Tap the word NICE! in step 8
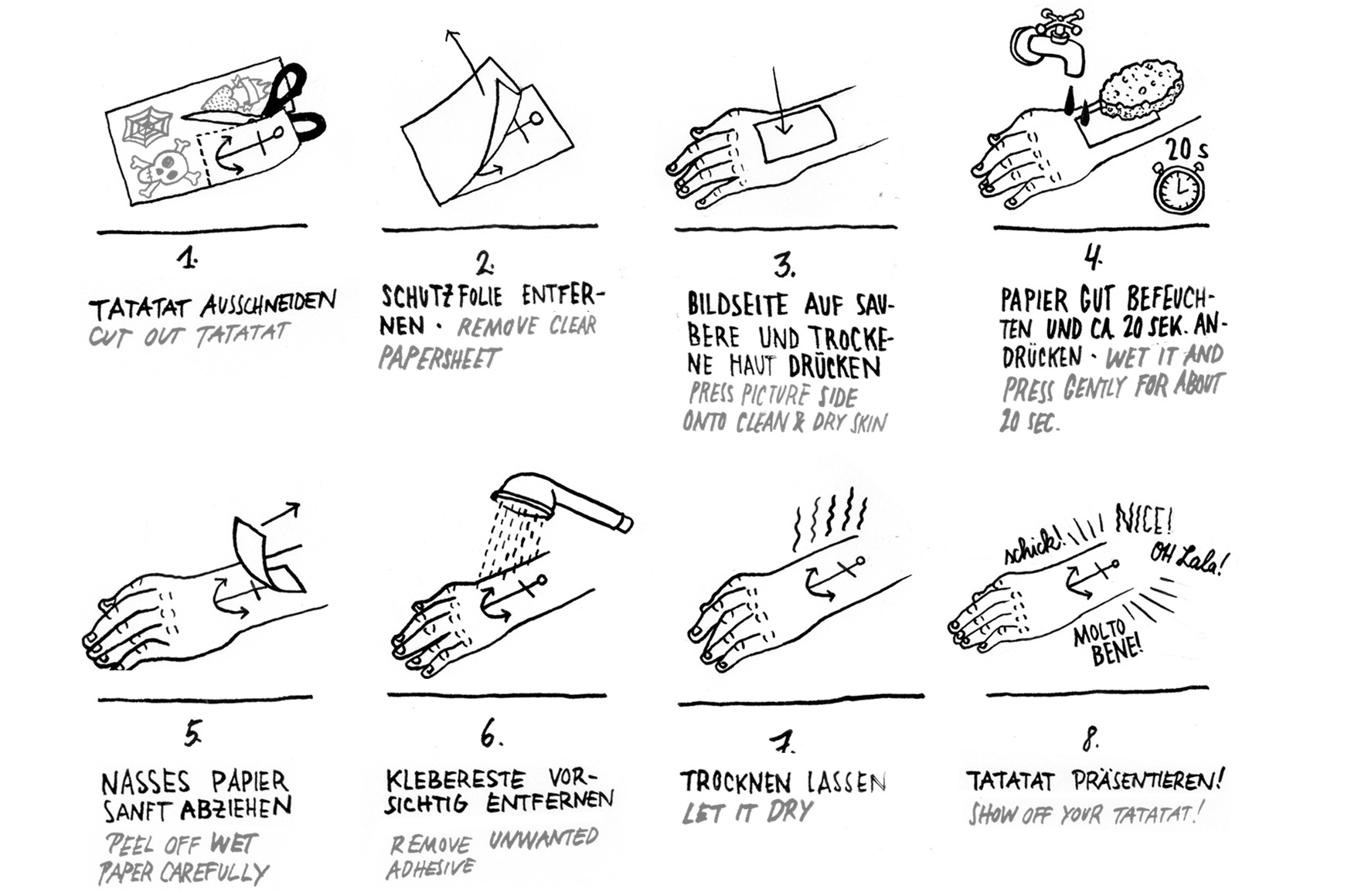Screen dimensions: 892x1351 click(1144, 520)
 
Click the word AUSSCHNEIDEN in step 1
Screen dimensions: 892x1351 click(268, 303)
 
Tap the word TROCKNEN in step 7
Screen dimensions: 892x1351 click(734, 782)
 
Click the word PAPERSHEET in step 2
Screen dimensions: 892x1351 click(440, 358)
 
